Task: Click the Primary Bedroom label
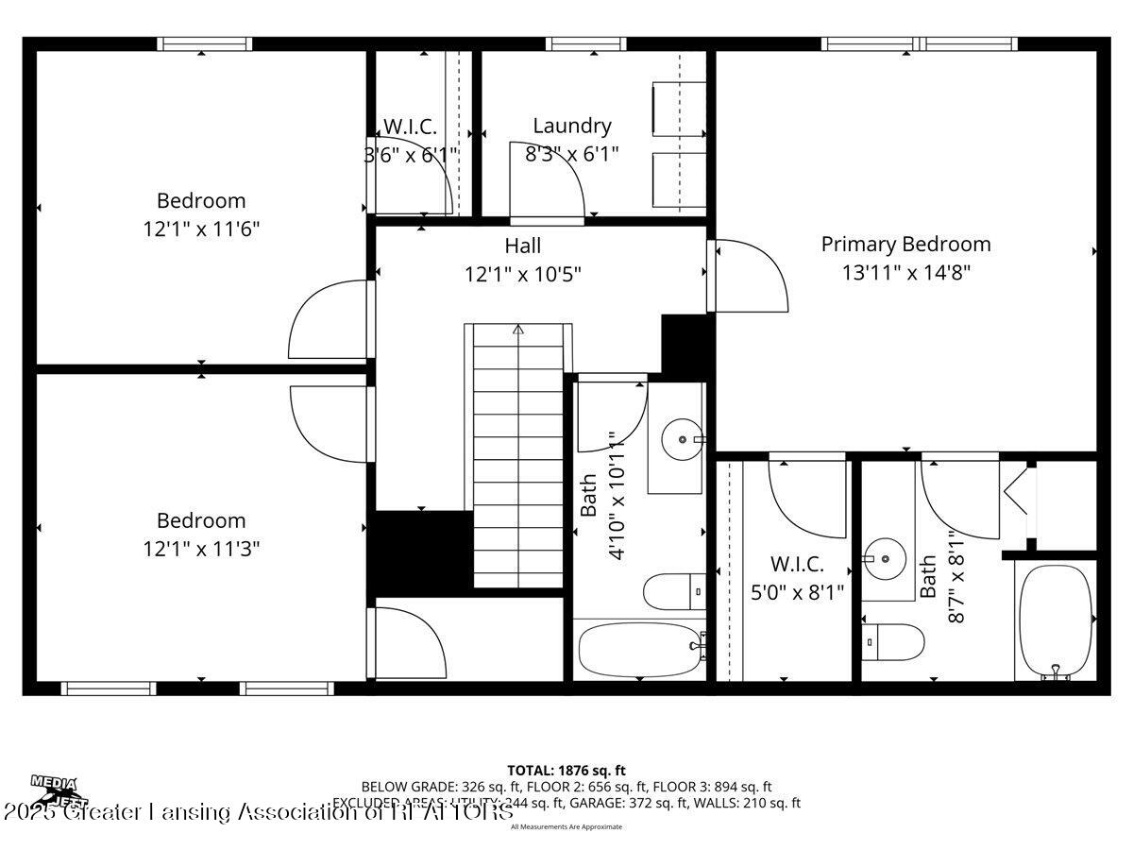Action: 905,244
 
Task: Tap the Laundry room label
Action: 571,126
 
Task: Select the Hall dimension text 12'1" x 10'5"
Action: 522,274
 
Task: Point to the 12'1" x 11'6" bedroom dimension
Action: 201,229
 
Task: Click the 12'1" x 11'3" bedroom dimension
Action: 201,548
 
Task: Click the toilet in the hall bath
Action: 673,592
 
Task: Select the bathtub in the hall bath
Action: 639,649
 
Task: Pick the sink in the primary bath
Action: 885,559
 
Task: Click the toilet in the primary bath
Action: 892,642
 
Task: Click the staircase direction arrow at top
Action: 517,330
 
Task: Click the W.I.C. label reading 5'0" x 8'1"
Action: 797,578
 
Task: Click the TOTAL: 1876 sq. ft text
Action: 566,771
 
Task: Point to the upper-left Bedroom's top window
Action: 204,43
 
